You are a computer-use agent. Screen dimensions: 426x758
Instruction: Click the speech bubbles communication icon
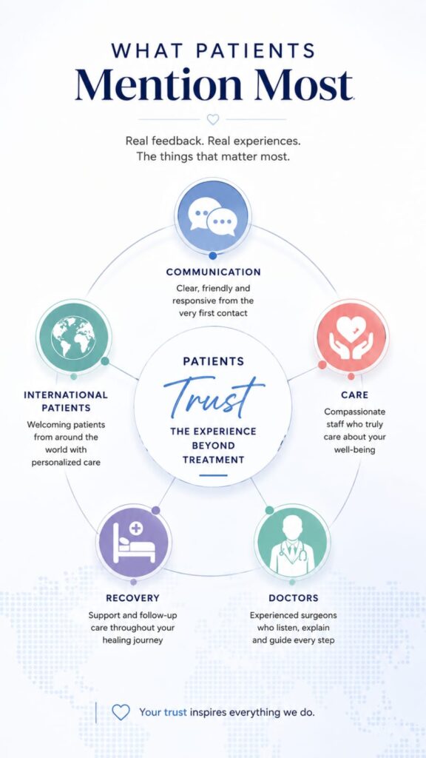click(212, 215)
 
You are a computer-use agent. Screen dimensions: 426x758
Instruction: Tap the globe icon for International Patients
click(73, 337)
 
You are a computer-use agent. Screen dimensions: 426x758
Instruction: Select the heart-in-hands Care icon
click(351, 337)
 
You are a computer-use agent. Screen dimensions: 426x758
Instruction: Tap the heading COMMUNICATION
click(213, 272)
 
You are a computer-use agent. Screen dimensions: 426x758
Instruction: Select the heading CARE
click(354, 395)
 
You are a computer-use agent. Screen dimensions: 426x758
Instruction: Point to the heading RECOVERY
click(132, 598)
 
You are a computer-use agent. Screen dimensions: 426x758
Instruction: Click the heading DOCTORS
click(293, 598)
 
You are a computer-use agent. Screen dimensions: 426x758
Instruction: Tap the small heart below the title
click(212, 119)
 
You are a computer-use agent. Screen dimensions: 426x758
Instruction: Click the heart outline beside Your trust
click(121, 712)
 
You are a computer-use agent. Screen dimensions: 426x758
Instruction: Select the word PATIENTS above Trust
click(214, 361)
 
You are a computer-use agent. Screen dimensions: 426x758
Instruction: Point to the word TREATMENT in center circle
click(213, 459)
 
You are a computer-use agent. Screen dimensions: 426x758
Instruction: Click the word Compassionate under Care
click(354, 412)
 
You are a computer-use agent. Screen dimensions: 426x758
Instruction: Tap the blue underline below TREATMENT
click(213, 475)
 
